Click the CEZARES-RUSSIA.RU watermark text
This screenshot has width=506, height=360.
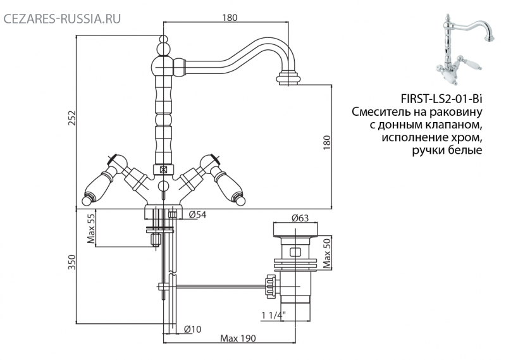point(62,18)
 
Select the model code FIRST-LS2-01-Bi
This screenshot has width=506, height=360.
point(441,98)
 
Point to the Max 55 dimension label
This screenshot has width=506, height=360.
point(90,228)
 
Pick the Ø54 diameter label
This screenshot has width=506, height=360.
point(197,214)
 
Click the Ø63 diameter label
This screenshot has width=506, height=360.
point(300,218)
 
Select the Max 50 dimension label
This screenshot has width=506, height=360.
point(327,254)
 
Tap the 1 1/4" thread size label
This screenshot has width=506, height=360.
point(274,315)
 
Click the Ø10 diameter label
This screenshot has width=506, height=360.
point(193,329)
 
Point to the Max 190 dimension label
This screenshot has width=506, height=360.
point(238,338)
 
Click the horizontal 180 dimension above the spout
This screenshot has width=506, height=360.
point(230,18)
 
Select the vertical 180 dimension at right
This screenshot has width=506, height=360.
point(327,142)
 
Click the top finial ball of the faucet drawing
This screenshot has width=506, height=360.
point(164,40)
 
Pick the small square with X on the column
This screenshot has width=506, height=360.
point(164,169)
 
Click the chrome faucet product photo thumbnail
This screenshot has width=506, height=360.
point(465,49)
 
